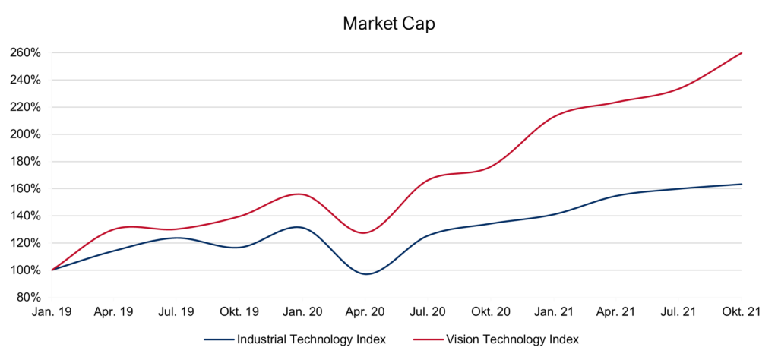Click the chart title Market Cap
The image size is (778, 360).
tap(388, 23)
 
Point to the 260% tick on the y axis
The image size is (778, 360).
tap(26, 53)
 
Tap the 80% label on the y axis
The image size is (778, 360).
tap(29, 297)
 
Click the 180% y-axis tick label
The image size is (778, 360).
tap(26, 162)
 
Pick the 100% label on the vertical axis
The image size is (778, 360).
tap(26, 270)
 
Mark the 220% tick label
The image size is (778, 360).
tap(26, 107)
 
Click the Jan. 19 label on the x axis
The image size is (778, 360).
tap(52, 311)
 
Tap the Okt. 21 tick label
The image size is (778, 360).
tap(742, 311)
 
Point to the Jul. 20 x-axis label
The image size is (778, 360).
tap(429, 311)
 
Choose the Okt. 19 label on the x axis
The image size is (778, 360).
tap(240, 311)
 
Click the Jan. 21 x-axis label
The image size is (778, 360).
tap(554, 311)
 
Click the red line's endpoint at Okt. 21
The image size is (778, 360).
tap(742, 53)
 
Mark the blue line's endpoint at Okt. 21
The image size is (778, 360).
tap(742, 184)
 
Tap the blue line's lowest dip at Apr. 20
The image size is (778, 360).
tap(367, 273)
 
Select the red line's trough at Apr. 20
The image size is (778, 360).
tap(365, 232)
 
